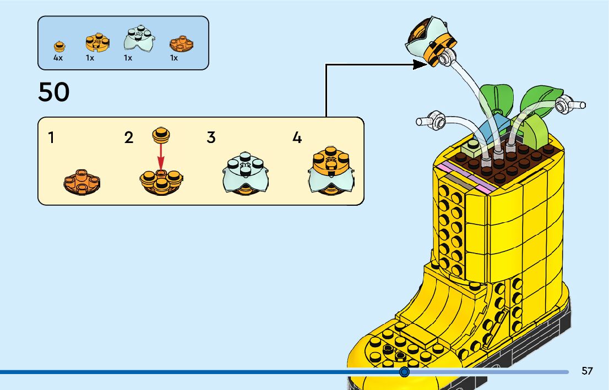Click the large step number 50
[54, 92]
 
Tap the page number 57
[587, 371]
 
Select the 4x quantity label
[58, 58]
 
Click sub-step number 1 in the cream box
[51, 138]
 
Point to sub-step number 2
[129, 138]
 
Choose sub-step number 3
[211, 138]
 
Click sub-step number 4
[297, 138]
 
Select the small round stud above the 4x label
[58, 46]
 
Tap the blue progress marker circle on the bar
[405, 372]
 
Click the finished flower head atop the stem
[432, 41]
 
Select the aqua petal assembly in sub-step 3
[246, 173]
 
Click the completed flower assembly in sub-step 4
[330, 171]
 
